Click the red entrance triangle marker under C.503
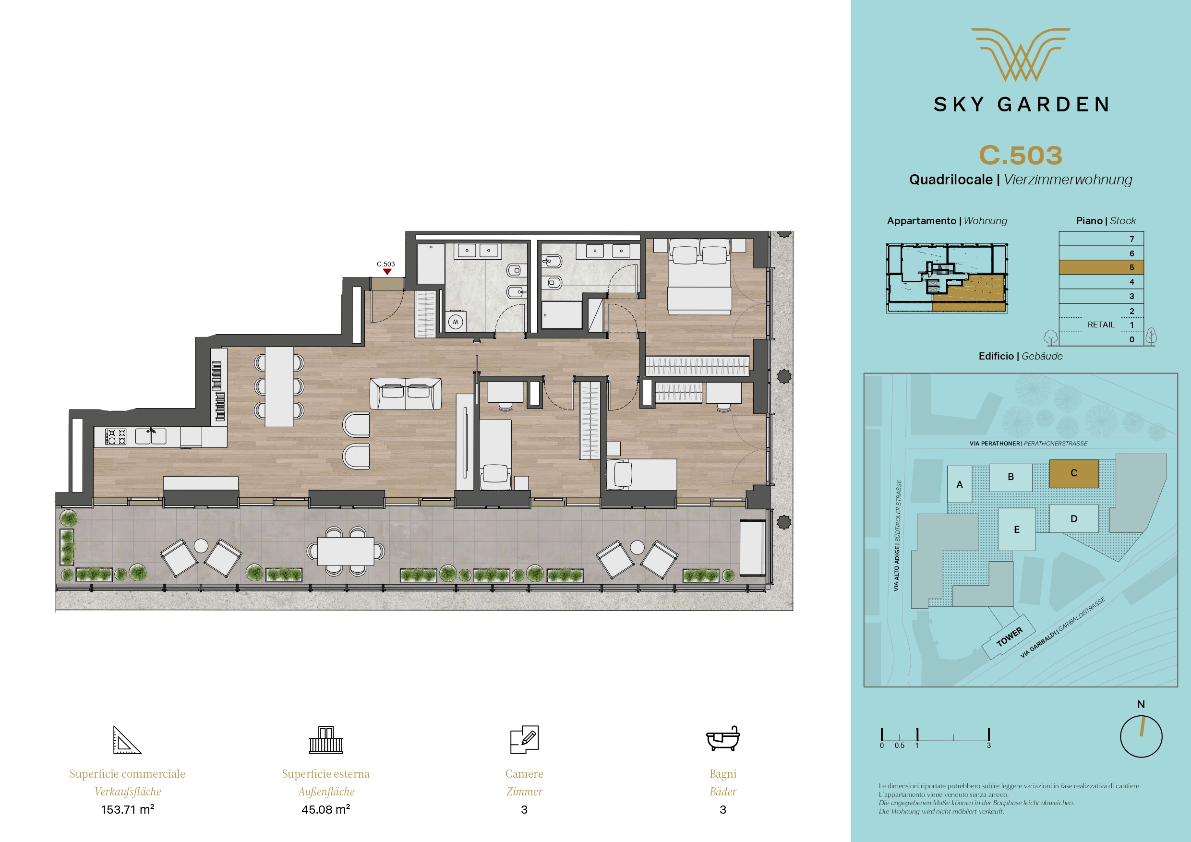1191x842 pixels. [x=387, y=271]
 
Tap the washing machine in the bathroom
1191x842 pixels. [x=456, y=322]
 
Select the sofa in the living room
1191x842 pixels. [x=406, y=393]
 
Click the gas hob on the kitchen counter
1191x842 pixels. [x=116, y=436]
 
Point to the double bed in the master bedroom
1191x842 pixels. [x=699, y=276]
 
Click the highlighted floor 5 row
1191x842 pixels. [x=1101, y=267]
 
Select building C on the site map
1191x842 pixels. [x=1074, y=473]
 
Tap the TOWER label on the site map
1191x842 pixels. [x=1010, y=637]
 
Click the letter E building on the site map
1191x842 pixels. [x=1017, y=529]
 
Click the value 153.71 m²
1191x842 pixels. [x=128, y=809]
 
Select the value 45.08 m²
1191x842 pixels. [x=326, y=809]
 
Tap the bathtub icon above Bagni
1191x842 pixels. [x=723, y=738]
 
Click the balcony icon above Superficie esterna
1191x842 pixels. [x=326, y=740]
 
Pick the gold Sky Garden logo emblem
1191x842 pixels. [x=1020, y=54]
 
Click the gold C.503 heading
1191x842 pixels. [x=1020, y=155]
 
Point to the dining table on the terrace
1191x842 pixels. [x=346, y=551]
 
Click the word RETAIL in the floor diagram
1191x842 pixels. [x=1101, y=325]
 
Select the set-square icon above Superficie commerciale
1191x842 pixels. [x=127, y=740]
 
